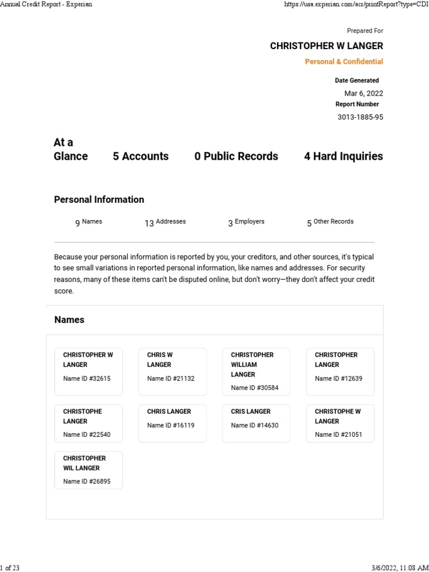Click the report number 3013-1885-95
[x=360, y=117]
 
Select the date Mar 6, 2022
[x=364, y=93]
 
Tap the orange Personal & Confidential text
[x=344, y=61]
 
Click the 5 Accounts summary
[x=141, y=156]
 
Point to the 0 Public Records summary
[x=236, y=156]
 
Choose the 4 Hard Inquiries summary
[x=344, y=156]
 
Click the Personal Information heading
[x=99, y=199]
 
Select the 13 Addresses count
[x=165, y=222]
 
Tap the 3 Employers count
[x=246, y=222]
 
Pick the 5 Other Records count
[x=330, y=222]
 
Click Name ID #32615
[x=87, y=379]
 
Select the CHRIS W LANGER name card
[x=172, y=371]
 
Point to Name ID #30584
[x=255, y=388]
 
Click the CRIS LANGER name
[x=251, y=412]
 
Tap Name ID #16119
[x=171, y=426]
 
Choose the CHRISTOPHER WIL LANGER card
[x=88, y=470]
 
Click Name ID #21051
[x=339, y=435]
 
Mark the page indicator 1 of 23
[x=10, y=568]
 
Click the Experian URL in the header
[x=356, y=4]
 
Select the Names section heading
[x=69, y=320]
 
